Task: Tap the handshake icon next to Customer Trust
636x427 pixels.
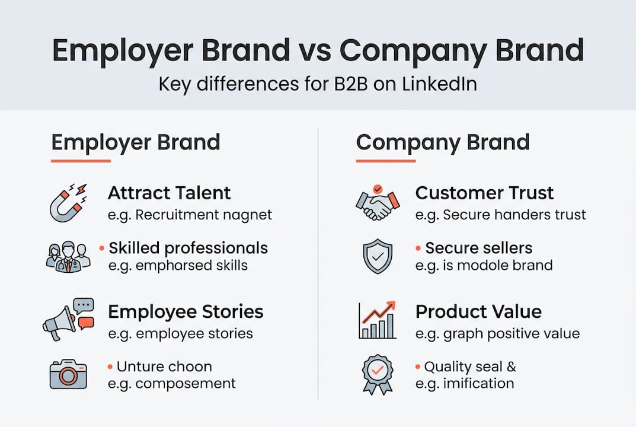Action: point(378,203)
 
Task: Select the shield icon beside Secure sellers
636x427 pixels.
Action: point(378,257)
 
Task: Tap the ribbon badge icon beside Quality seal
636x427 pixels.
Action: point(378,374)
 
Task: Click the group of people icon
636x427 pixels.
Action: point(68,256)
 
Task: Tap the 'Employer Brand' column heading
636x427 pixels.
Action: point(136,142)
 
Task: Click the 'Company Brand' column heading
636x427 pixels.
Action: point(442,142)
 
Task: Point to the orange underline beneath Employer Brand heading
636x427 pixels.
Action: point(81,161)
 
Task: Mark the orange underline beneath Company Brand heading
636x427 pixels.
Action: point(385,161)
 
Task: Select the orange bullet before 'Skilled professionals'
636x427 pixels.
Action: point(103,247)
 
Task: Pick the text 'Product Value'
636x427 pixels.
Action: point(478,312)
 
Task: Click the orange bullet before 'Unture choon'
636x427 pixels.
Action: point(110,367)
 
